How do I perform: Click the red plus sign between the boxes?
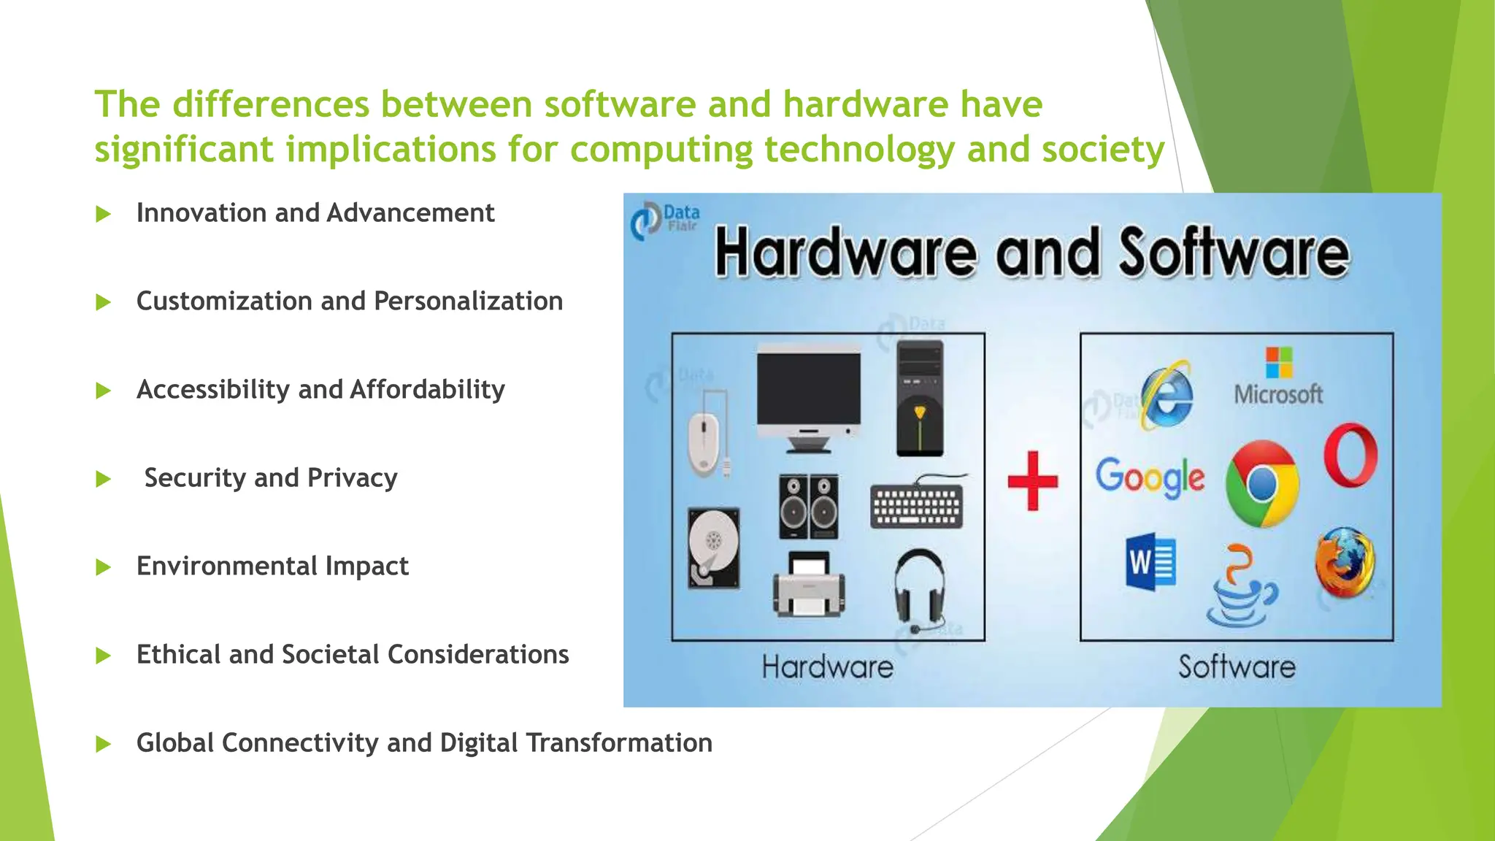[1032, 480]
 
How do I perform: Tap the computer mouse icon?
[704, 441]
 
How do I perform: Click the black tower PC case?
[920, 399]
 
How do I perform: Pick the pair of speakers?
[808, 507]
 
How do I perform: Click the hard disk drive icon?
[714, 548]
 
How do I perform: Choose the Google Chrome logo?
[1261, 483]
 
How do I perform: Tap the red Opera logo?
[1350, 455]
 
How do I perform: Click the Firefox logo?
[1345, 562]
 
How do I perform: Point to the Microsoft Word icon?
[1150, 563]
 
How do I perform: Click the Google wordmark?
[1150, 477]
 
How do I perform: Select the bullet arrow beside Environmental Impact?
[104, 567]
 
